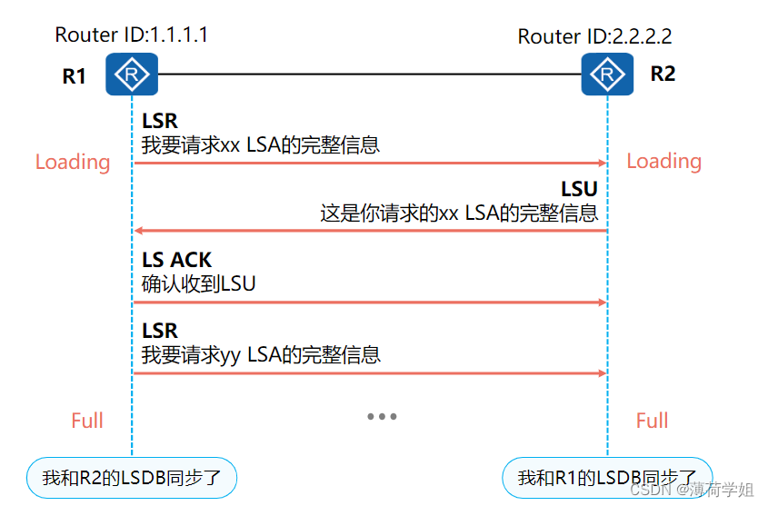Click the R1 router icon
click(132, 74)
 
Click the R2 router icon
click(607, 74)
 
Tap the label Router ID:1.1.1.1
click(132, 35)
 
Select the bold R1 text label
click(75, 77)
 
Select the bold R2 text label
click(663, 74)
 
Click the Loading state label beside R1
click(73, 163)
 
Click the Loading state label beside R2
click(663, 162)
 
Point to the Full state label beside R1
click(87, 421)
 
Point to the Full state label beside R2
click(652, 421)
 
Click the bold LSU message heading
click(579, 190)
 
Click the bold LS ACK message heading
click(176, 261)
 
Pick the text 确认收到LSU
click(199, 283)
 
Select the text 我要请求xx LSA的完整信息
click(261, 144)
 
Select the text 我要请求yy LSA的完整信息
click(261, 354)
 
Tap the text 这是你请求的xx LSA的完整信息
click(459, 213)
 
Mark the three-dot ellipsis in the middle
click(382, 417)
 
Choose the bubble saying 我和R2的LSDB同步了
click(132, 478)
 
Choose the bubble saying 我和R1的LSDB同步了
click(607, 478)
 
